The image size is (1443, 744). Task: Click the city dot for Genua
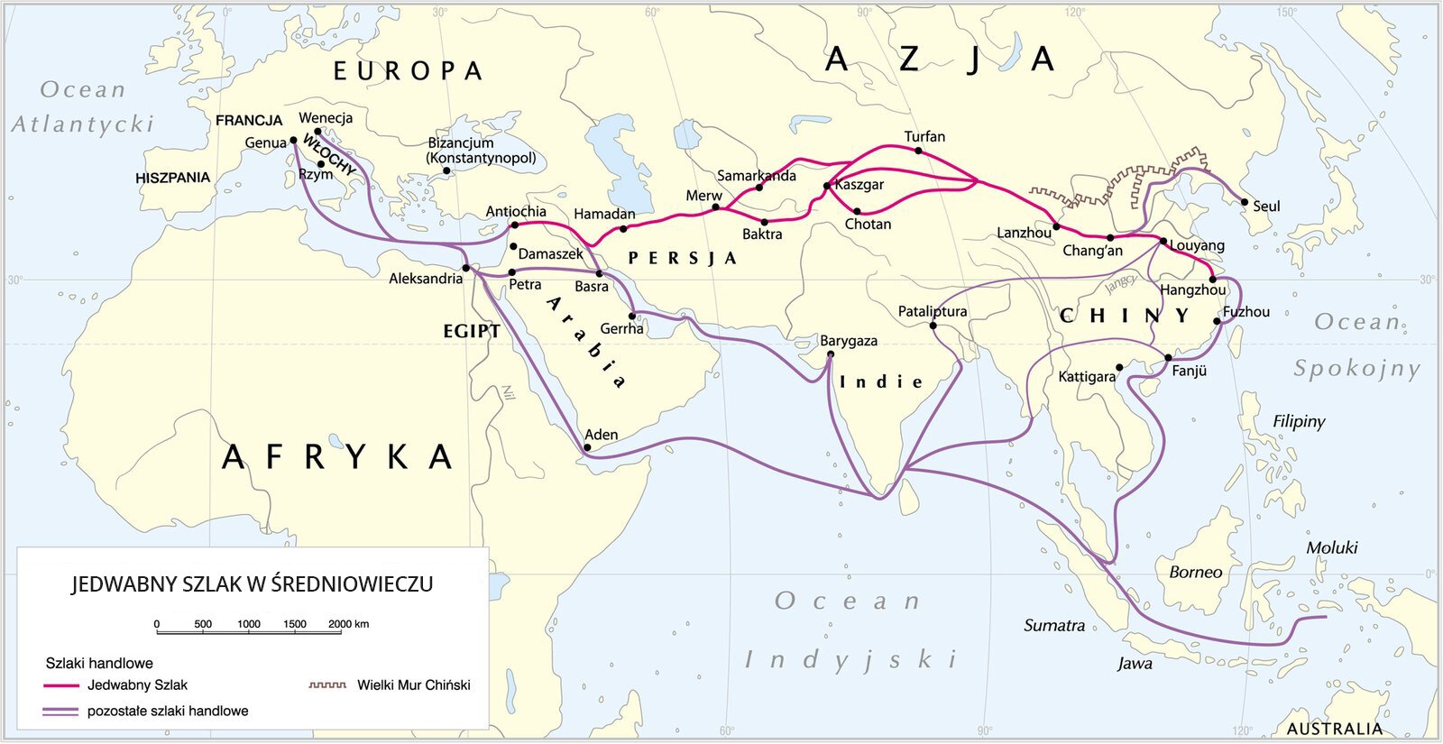(293, 141)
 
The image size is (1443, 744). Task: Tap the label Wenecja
(326, 118)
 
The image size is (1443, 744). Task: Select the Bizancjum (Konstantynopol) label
(482, 151)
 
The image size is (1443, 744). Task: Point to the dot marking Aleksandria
(465, 268)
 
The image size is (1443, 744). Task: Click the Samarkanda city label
(756, 176)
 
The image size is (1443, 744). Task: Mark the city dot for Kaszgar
(826, 186)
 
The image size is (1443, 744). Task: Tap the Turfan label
(924, 137)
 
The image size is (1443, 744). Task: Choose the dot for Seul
(1245, 202)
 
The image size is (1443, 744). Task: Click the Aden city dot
(587, 447)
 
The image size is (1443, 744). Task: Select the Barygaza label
(848, 341)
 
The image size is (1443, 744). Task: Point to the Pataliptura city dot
(933, 326)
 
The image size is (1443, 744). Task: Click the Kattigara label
(1087, 376)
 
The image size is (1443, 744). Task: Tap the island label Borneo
(1195, 572)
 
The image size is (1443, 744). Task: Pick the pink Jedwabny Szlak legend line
(61, 685)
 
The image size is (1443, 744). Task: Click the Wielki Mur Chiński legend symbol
(327, 685)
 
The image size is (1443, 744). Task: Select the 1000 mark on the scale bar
(249, 624)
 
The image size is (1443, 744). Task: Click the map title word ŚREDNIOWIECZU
(352, 584)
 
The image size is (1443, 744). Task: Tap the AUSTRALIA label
(1334, 729)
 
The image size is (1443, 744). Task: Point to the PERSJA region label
(682, 259)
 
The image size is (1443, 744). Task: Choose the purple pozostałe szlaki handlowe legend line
(61, 712)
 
